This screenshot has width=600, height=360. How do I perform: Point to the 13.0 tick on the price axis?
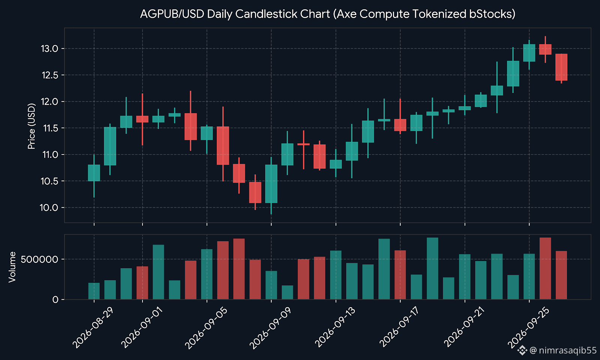pos(49,49)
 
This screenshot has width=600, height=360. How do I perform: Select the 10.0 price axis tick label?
pos(49,208)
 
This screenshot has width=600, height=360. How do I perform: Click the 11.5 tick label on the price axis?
pos(51,128)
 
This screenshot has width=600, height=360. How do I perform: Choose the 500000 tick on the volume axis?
pos(39,259)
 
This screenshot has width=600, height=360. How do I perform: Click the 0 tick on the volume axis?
pos(55,300)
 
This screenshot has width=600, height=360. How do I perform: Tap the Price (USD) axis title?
pos(31,126)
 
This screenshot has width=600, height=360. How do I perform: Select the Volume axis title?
pos(12,267)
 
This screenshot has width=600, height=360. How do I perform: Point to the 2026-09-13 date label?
pos(335,328)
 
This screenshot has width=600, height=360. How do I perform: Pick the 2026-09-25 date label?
pos(528,328)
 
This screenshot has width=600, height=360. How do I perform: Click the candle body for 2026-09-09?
pos(271,184)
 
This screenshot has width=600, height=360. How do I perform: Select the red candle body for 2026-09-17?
pos(400,125)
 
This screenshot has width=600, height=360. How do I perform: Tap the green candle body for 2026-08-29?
pos(94,173)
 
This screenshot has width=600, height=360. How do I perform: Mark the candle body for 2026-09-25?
pos(529,53)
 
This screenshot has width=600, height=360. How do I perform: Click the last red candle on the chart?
pos(561,67)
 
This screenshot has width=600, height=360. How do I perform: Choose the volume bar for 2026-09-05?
pos(207,274)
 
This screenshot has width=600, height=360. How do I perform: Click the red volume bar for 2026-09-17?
pos(400,275)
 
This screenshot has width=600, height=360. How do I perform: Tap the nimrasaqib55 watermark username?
pos(568,350)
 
